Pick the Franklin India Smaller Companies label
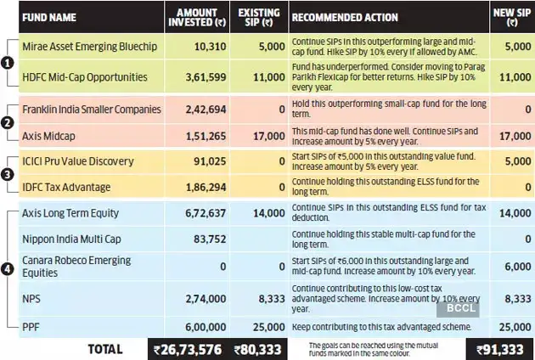point(90,109)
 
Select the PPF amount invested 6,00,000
point(202,325)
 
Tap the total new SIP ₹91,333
point(501,348)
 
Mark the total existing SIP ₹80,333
point(258,348)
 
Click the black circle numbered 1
point(7,62)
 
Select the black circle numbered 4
point(7,270)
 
